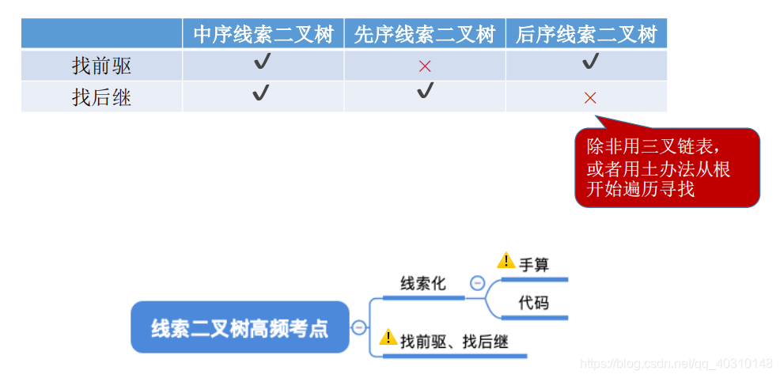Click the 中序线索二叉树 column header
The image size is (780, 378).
pyautogui.click(x=263, y=35)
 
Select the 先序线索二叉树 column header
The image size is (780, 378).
pyautogui.click(x=425, y=35)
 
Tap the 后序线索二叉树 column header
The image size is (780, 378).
pyautogui.click(x=586, y=35)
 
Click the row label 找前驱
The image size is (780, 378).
pyautogui.click(x=101, y=66)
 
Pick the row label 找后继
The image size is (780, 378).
pyautogui.click(x=101, y=97)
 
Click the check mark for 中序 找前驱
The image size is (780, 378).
pyautogui.click(x=262, y=62)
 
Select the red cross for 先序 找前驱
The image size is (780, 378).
pyautogui.click(x=425, y=66)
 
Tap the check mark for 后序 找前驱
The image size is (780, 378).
pyautogui.click(x=590, y=62)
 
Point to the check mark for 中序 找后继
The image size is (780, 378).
pyautogui.click(x=261, y=93)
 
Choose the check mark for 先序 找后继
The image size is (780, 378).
pyautogui.click(x=426, y=91)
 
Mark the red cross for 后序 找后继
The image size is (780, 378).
pyautogui.click(x=590, y=98)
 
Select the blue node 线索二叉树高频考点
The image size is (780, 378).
pyautogui.click(x=240, y=327)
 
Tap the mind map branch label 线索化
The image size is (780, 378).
pyautogui.click(x=422, y=283)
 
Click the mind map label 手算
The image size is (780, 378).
pyautogui.click(x=534, y=264)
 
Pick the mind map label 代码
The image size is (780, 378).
pyautogui.click(x=534, y=303)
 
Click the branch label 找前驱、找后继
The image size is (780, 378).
pyautogui.click(x=453, y=342)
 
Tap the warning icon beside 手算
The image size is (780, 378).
pyautogui.click(x=505, y=260)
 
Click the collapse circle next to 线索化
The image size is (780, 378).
pyautogui.click(x=477, y=282)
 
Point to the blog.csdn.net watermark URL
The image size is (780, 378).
pyautogui.click(x=676, y=364)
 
